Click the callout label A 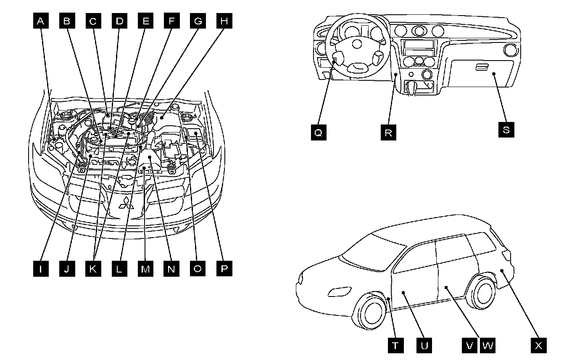coord(41,21)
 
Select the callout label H coord(224,21)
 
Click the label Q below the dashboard coord(318,132)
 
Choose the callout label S coord(506,130)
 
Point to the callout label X coord(538,346)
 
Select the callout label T coord(395,346)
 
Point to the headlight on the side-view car coord(339,292)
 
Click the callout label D coord(119,21)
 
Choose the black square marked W coord(487,346)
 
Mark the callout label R coord(388,132)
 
